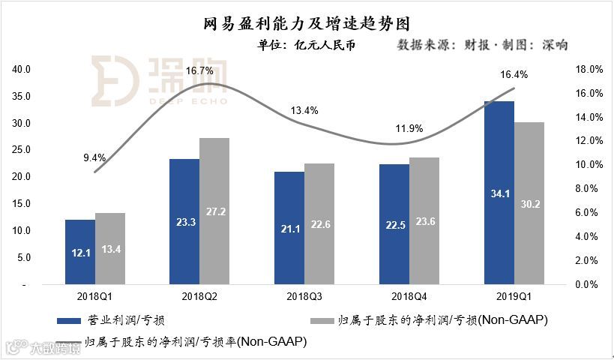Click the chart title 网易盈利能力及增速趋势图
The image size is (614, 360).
point(307,25)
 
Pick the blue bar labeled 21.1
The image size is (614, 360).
point(289,229)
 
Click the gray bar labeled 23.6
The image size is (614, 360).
point(424,221)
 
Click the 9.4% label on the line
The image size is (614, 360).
point(94,157)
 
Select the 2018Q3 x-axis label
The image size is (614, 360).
point(304,297)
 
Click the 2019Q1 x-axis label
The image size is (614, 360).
point(514,297)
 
